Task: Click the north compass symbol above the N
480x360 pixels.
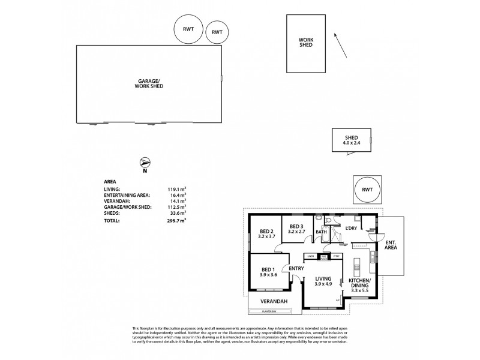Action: [144, 162]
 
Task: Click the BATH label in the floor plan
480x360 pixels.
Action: [322, 232]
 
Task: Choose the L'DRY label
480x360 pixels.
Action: [351, 229]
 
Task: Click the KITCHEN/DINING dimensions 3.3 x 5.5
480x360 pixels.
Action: [360, 290]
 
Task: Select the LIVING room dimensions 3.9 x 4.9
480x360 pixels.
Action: [323, 284]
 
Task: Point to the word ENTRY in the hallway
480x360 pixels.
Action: [296, 268]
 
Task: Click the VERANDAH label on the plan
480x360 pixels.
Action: [272, 301]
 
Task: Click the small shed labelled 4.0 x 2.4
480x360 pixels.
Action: [352, 140]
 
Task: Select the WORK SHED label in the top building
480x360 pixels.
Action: [307, 43]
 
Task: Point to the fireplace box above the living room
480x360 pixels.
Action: [323, 257]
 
